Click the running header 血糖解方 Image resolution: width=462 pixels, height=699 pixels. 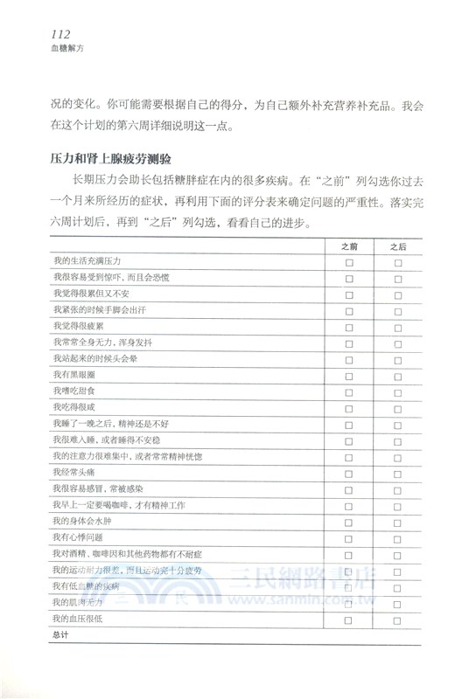(x=45, y=50)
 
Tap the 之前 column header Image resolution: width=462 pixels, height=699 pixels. (x=349, y=246)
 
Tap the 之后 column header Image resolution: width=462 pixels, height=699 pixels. (x=398, y=246)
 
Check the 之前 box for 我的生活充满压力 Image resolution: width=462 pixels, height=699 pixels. (x=349, y=262)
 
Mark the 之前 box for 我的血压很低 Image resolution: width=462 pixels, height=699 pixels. (x=349, y=619)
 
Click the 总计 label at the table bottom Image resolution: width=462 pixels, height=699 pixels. (x=60, y=636)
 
